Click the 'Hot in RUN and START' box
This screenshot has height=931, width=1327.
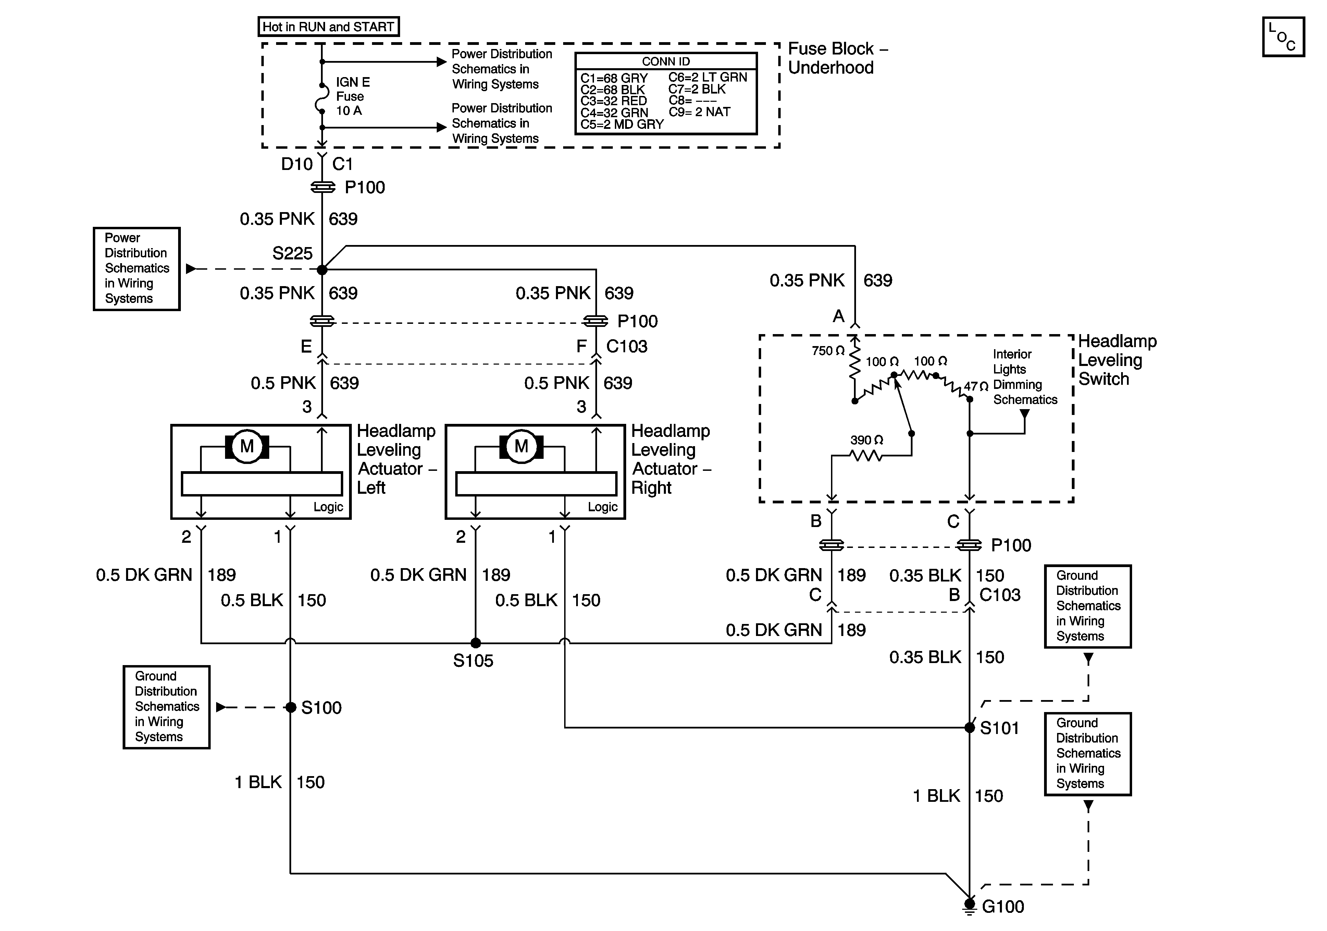(x=328, y=27)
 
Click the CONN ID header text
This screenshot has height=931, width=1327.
(x=666, y=61)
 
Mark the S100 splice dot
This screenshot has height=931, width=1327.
(x=291, y=707)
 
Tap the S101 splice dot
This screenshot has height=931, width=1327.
(x=970, y=727)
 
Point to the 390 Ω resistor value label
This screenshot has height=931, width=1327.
(x=866, y=440)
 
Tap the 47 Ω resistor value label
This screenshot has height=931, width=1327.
(x=976, y=386)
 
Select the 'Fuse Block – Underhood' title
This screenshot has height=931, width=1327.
(x=838, y=58)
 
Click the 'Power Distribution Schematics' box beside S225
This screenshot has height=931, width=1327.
(x=137, y=269)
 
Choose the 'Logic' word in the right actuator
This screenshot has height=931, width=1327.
(x=603, y=507)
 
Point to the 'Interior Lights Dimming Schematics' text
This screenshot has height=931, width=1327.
(x=1025, y=377)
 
